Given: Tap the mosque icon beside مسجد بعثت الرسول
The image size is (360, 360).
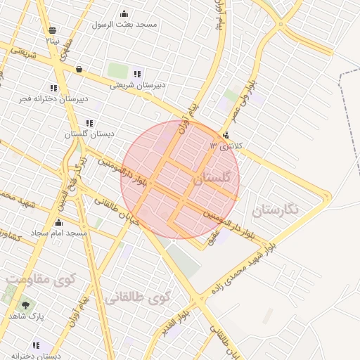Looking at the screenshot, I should click(124, 13).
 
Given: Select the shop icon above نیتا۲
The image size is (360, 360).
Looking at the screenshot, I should click(53, 30).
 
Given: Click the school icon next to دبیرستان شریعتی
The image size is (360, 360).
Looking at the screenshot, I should click(138, 74).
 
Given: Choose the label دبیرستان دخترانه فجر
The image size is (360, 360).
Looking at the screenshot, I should click(54, 98).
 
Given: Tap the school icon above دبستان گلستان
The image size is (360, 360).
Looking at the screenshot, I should click(90, 123).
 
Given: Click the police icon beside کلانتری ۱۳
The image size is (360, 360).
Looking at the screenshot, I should click(226, 136).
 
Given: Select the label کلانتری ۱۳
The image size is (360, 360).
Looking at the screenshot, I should click(226, 146).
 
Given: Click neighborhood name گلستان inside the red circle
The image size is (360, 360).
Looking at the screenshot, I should click(211, 179).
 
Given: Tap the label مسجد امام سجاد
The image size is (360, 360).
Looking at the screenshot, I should click(58, 232).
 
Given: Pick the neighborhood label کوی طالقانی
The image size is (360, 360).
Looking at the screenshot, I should click(138, 297).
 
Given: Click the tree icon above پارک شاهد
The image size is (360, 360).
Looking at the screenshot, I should click(26, 305).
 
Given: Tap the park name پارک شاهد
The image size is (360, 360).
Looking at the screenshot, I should click(27, 316).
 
